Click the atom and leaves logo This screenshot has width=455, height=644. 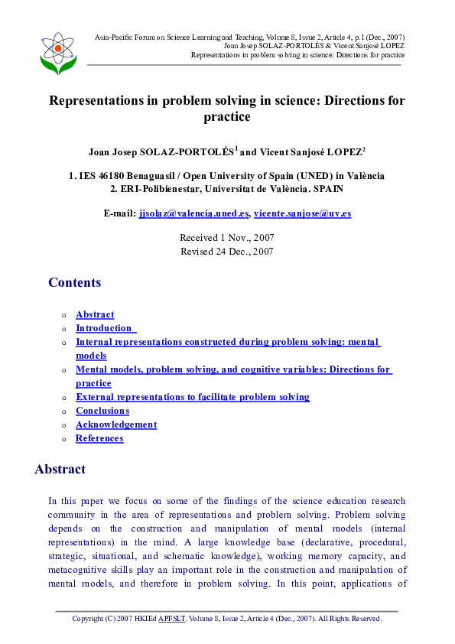58,53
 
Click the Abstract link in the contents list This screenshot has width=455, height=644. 95,314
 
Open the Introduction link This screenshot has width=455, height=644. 104,328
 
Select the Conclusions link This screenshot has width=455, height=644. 102,411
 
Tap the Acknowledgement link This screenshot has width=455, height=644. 116,424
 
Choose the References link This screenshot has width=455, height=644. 99,438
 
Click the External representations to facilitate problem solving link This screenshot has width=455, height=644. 193,397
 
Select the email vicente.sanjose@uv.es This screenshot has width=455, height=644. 303,213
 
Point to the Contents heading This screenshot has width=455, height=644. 74,283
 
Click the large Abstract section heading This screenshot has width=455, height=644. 60,470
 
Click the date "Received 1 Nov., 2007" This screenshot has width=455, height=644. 226,238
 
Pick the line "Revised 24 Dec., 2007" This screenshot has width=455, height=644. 226,251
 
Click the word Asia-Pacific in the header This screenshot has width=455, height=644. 115,37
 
